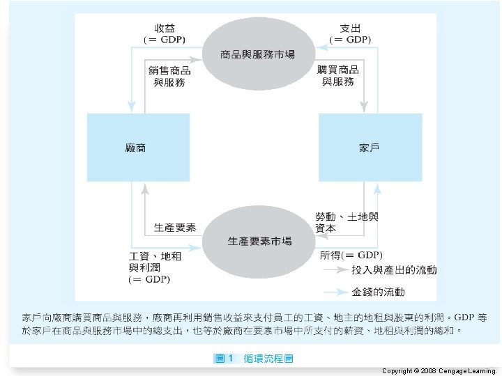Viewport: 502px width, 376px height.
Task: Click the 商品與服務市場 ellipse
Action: pyautogui.click(x=257, y=54)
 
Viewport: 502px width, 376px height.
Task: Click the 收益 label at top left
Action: pyautogui.click(x=165, y=29)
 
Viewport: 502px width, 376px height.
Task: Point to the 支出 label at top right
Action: pyautogui.click(x=350, y=29)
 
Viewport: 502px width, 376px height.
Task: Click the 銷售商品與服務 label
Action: pyautogui.click(x=170, y=76)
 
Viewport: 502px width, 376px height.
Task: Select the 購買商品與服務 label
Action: pyautogui.click(x=339, y=76)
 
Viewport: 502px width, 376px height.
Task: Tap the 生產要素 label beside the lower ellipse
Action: pyautogui.click(x=174, y=228)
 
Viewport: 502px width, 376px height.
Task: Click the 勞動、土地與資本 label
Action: pyautogui.click(x=347, y=222)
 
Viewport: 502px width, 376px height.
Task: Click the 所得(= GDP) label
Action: pyautogui.click(x=351, y=255)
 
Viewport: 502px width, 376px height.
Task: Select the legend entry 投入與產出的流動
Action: pyautogui.click(x=394, y=269)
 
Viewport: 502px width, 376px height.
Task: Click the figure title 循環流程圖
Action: pyautogui.click(x=268, y=359)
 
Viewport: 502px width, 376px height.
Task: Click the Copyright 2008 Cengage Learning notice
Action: pyautogui.click(x=439, y=371)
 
